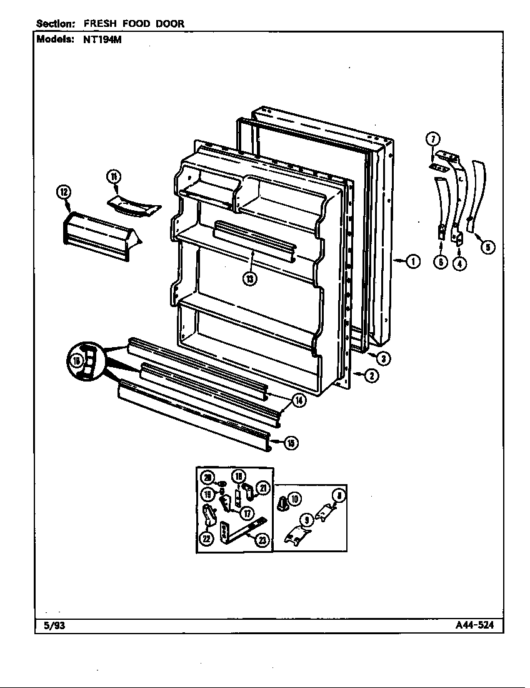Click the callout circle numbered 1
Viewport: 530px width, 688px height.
(413, 261)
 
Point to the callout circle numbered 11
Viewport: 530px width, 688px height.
(113, 177)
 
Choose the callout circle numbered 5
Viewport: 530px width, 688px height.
(489, 247)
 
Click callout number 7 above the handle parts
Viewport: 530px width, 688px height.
(432, 139)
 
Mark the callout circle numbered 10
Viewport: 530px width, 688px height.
(294, 498)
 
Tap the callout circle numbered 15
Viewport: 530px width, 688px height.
(291, 443)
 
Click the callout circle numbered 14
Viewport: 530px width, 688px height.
(299, 401)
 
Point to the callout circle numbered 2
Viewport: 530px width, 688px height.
(371, 376)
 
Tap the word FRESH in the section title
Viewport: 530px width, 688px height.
(99, 24)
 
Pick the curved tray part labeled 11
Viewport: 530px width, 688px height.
(132, 206)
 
